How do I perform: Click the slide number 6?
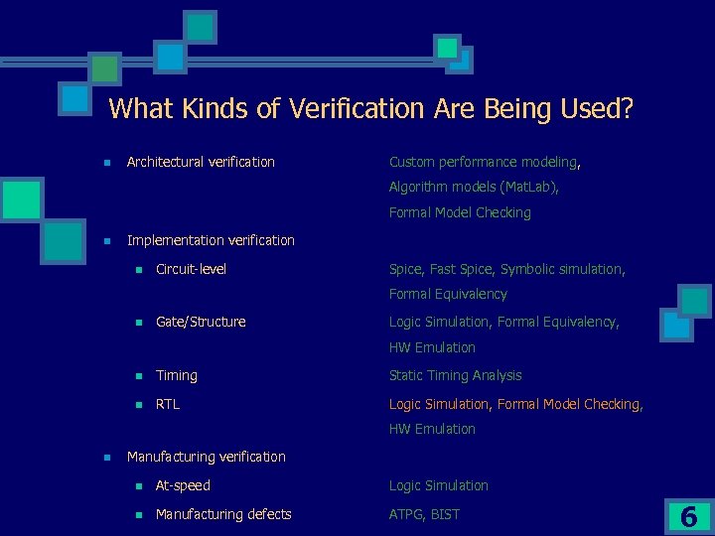[x=688, y=516]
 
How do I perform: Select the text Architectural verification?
[x=201, y=162]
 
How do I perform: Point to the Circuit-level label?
[x=191, y=269]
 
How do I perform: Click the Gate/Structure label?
[x=201, y=322]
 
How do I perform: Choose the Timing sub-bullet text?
[x=177, y=375]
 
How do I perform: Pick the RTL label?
[x=168, y=404]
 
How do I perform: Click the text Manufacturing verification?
[x=206, y=457]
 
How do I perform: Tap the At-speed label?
[x=183, y=485]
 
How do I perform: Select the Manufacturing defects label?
[x=223, y=514]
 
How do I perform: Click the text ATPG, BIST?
[x=424, y=514]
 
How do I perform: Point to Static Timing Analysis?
[x=455, y=375]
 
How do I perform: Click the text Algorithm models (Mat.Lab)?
[x=474, y=187]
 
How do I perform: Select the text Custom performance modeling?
[x=483, y=162]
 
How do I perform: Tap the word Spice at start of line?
[x=406, y=269]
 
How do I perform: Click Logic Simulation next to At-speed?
[x=438, y=485]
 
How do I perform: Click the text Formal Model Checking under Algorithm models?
[x=460, y=212]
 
